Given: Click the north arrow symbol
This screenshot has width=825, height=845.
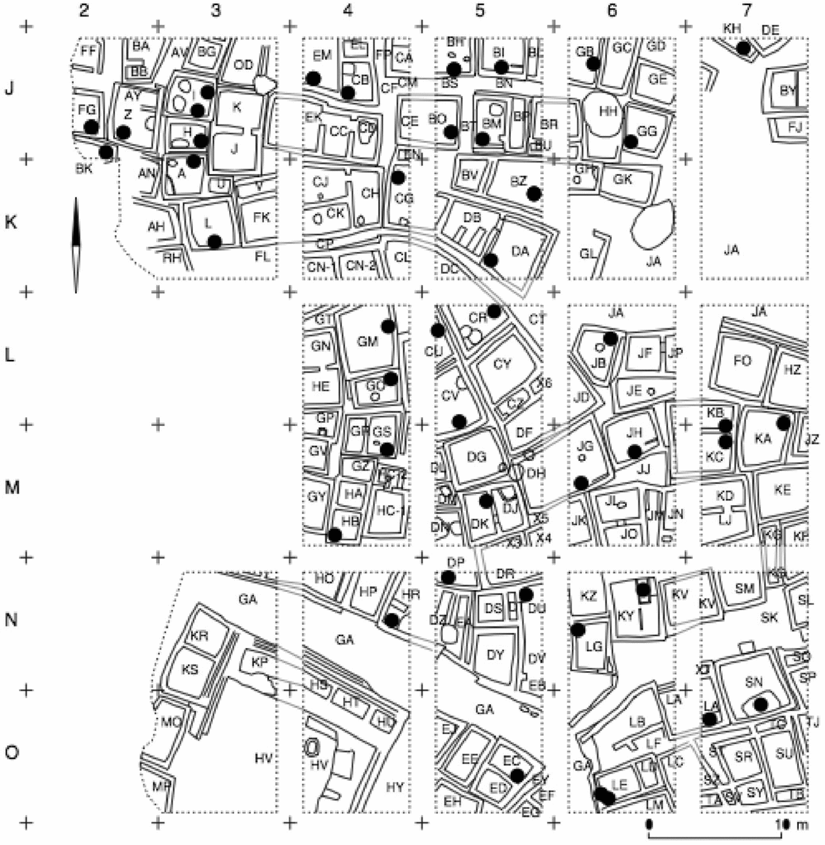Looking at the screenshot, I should click(x=76, y=245).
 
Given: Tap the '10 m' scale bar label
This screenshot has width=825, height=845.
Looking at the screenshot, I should click(x=790, y=824).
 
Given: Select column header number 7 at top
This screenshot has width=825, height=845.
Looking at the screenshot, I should click(x=748, y=10).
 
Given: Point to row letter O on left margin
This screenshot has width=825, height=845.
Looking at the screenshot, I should click(x=11, y=752).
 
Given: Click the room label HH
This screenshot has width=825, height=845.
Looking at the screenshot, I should click(x=608, y=111).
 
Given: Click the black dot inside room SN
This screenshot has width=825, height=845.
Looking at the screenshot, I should click(x=760, y=703).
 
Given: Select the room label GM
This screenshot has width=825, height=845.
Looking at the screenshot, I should click(x=367, y=342).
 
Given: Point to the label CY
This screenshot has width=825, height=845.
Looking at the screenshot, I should click(x=501, y=364).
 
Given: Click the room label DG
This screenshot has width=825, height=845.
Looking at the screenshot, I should click(x=476, y=456).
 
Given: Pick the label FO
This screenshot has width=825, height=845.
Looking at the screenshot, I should click(x=741, y=361).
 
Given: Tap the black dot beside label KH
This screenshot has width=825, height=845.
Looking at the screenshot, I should click(x=744, y=48).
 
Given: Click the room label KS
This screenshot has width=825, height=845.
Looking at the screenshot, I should click(x=190, y=669).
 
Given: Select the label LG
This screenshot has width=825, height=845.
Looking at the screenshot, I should click(x=593, y=647).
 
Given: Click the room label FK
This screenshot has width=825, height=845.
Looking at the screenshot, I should click(x=261, y=217).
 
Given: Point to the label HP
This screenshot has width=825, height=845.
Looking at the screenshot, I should click(x=368, y=591).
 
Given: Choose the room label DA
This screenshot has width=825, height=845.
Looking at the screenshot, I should click(x=520, y=251).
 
